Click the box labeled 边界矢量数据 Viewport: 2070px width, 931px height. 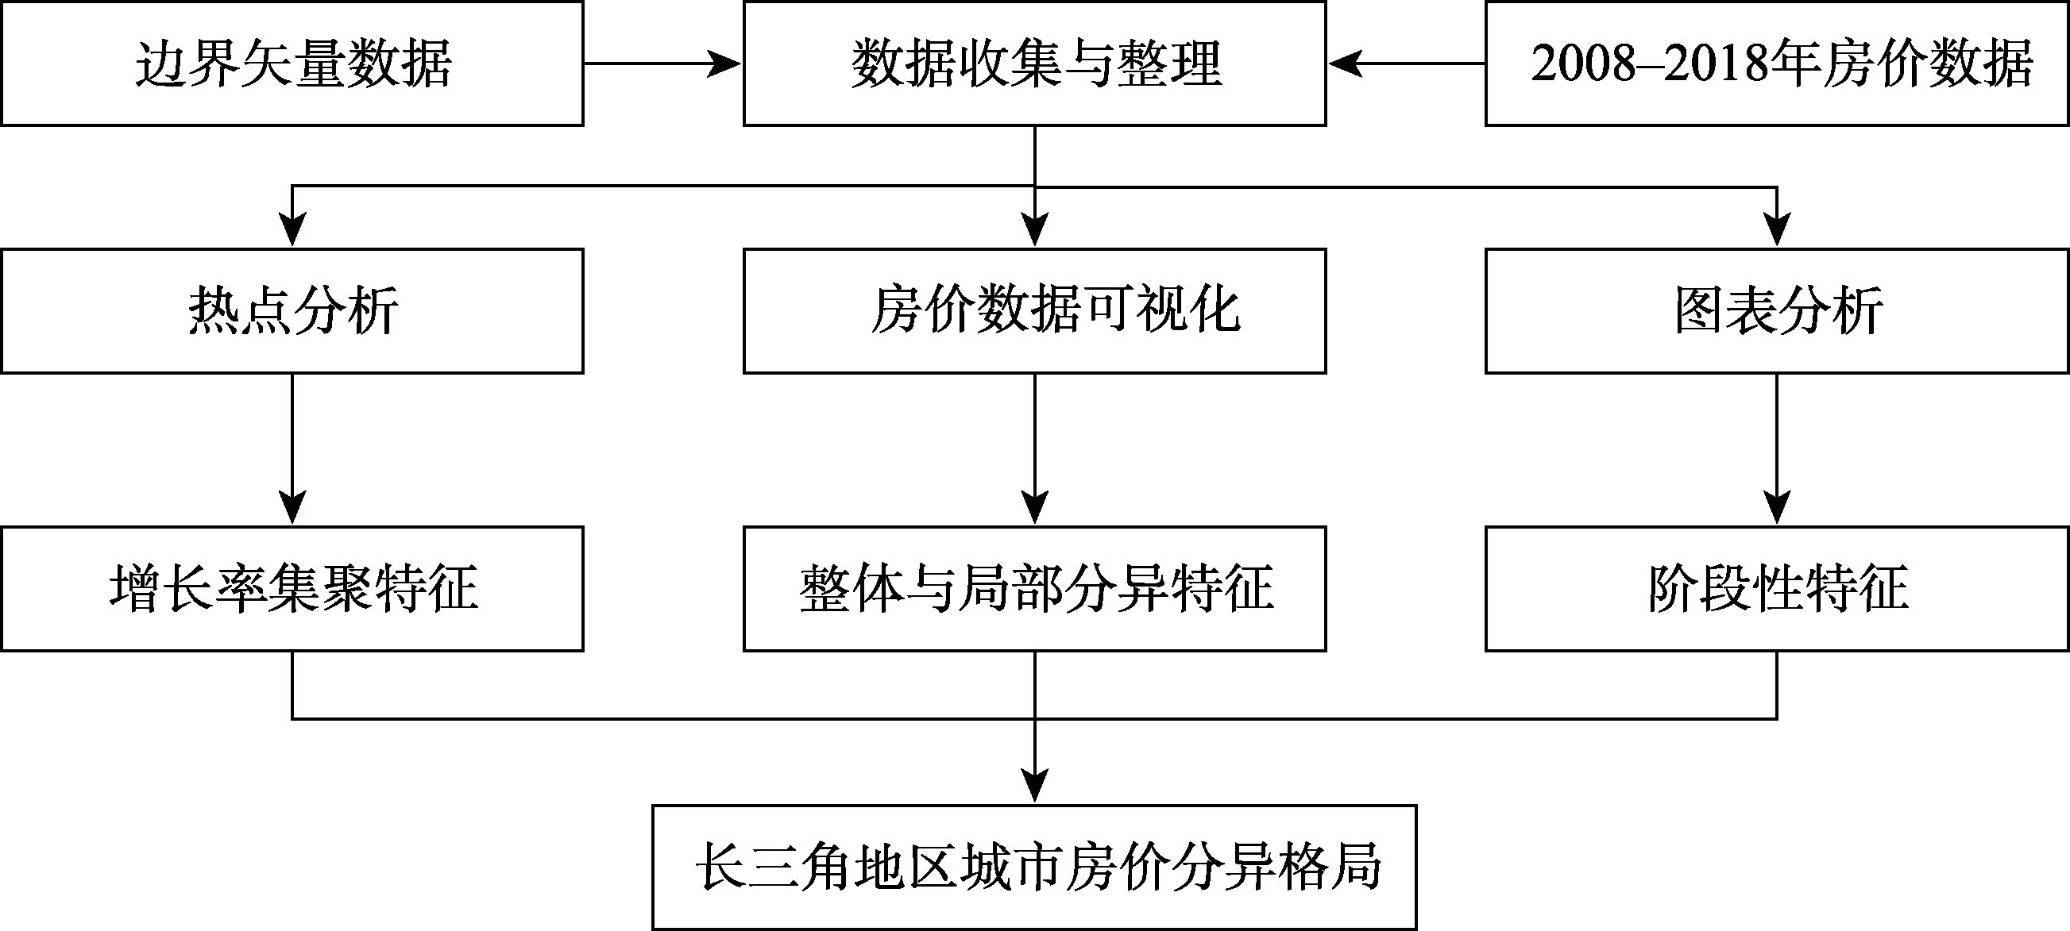pyautogui.click(x=292, y=63)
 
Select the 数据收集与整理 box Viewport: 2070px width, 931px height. pyautogui.click(x=1034, y=63)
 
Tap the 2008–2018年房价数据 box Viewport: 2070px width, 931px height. pyautogui.click(x=1777, y=63)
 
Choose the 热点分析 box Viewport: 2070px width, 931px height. pyautogui.click(x=292, y=311)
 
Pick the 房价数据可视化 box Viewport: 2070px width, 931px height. pyautogui.click(x=1034, y=311)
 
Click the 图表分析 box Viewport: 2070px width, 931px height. pyautogui.click(x=1777, y=311)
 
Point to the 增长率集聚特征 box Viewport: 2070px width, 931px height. pyautogui.click(x=292, y=589)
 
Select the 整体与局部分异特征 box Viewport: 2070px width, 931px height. pyautogui.click(x=1034, y=589)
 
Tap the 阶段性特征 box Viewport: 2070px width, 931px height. pyautogui.click(x=1777, y=589)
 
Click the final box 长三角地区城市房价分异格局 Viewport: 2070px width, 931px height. pyautogui.click(x=1034, y=868)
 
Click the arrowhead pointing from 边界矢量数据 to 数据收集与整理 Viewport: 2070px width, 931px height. pyautogui.click(x=725, y=63)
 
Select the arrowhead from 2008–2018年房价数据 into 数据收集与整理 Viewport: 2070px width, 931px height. pyautogui.click(x=1345, y=63)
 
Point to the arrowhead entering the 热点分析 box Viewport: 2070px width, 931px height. pyautogui.click(x=292, y=230)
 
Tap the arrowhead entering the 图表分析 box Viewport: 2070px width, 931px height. pyautogui.click(x=1777, y=230)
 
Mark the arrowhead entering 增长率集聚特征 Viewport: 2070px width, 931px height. pyautogui.click(x=292, y=509)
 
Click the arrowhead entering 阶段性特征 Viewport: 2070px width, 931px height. pyautogui.click(x=1777, y=509)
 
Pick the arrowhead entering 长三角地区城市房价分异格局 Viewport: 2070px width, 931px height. pyautogui.click(x=1034, y=787)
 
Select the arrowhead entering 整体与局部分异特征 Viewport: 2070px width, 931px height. pyautogui.click(x=1034, y=509)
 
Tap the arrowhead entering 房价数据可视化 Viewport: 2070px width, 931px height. pyautogui.click(x=1034, y=230)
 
